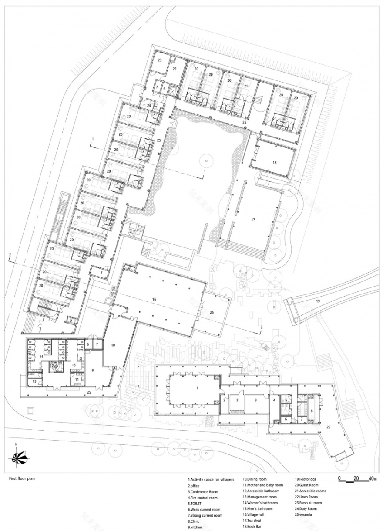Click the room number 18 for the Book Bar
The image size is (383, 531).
[274, 162]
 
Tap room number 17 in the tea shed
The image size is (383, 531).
[252, 220]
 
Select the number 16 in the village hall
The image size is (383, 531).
[154, 300]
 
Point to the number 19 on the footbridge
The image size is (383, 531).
[318, 301]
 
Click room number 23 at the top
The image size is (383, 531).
[160, 60]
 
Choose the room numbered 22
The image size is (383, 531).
[174, 69]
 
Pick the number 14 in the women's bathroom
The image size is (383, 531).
[41, 357]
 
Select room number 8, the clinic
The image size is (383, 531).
[312, 411]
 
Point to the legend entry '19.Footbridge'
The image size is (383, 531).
[306, 479]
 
